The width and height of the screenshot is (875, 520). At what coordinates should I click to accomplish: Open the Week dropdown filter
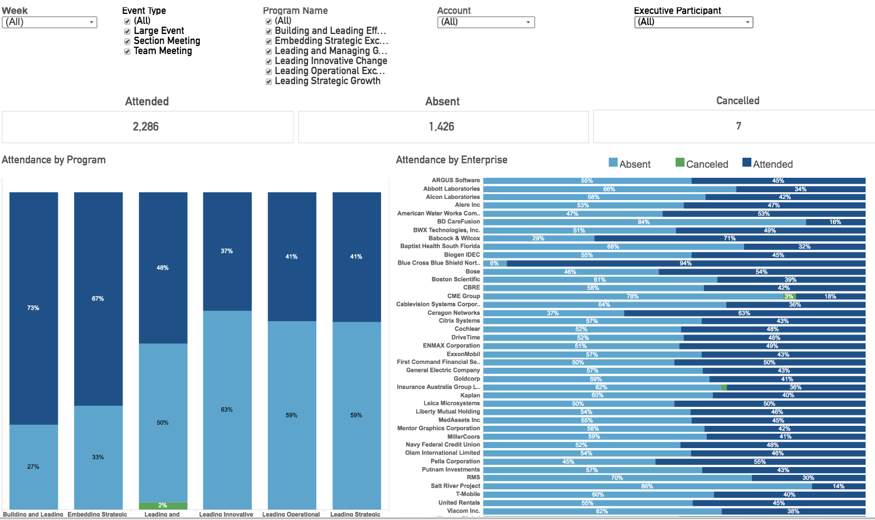pos(50,22)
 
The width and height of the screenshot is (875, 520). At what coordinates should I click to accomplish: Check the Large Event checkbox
pos(127,31)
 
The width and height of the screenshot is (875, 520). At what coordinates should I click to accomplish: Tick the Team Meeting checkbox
pos(127,51)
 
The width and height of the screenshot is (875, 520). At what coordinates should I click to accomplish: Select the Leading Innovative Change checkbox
pos(268,61)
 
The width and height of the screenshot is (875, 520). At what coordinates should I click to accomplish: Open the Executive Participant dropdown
pos(693,22)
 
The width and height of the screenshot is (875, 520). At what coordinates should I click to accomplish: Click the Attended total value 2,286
pos(146,127)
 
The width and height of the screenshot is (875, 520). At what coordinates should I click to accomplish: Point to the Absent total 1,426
pos(442,127)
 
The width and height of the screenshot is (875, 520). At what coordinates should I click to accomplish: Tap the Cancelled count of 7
pos(739,126)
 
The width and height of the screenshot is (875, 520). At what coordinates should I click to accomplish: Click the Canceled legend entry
pos(702,164)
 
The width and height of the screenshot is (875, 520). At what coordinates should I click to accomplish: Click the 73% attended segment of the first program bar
pos(33,308)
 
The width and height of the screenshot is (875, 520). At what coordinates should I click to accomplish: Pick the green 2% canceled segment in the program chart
pos(163,506)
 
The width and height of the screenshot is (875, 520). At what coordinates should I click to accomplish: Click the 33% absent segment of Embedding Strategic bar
pos(98,457)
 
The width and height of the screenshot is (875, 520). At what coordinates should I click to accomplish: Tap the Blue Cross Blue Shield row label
pos(438,263)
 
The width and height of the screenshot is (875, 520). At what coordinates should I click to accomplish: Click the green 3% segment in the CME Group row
pos(789,297)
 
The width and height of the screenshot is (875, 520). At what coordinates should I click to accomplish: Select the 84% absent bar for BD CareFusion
pos(644,222)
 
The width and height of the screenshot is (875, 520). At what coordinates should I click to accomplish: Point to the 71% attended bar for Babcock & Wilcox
pos(730,239)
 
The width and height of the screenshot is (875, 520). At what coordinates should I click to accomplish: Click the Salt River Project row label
pos(455,486)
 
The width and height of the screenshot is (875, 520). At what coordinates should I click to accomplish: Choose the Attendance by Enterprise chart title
pos(451,160)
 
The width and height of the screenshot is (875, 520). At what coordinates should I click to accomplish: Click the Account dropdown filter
pos(486,22)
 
